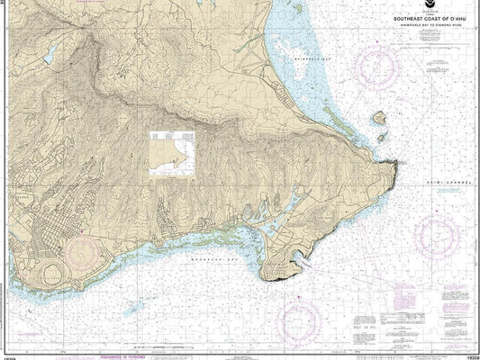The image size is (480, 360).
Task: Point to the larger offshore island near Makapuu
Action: (381, 117)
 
